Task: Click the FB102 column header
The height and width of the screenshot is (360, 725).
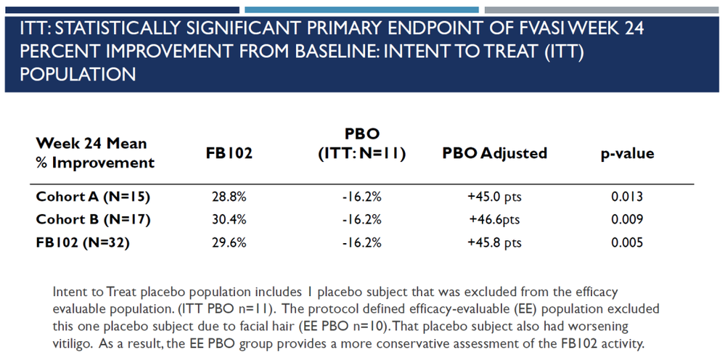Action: (229, 153)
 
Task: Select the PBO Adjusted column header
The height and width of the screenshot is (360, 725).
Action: (494, 153)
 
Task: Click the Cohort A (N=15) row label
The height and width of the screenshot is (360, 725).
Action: (93, 197)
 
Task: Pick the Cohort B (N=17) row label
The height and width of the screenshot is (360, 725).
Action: (94, 220)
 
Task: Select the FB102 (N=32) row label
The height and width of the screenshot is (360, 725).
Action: (82, 242)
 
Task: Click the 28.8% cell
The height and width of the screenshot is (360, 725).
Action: (229, 197)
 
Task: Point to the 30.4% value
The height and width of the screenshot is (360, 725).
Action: (229, 220)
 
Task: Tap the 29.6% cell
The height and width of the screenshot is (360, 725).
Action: (229, 242)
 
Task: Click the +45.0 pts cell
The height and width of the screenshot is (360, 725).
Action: (494, 197)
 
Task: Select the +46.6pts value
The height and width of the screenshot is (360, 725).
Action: (494, 220)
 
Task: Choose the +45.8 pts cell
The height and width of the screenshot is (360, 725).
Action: (494, 242)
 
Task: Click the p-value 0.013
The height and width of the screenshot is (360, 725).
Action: (627, 197)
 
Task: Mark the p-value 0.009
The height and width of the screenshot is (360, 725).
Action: (627, 220)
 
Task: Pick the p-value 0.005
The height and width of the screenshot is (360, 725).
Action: (627, 242)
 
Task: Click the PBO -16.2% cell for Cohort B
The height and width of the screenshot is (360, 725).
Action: (362, 220)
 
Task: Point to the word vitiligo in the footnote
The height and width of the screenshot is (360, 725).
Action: (70, 344)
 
